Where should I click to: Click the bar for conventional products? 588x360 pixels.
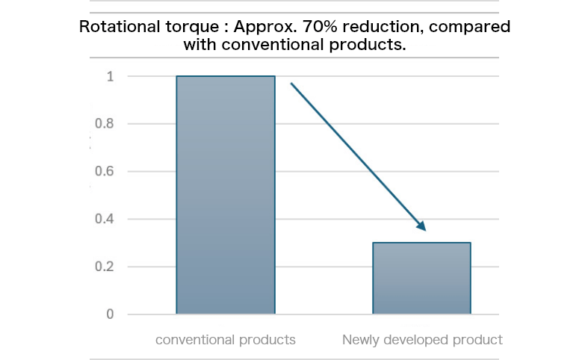225,195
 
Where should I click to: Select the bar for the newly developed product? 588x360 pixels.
421,278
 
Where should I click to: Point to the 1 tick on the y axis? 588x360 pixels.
110,76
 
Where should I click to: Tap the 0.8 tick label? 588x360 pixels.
105,124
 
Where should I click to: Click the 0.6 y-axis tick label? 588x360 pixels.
105,172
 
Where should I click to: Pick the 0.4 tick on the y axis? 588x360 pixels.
105,220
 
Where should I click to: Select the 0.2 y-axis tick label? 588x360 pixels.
105,267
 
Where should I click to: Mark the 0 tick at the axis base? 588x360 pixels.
110,314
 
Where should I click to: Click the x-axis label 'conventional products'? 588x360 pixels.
226,340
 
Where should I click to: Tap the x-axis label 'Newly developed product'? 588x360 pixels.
422,340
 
